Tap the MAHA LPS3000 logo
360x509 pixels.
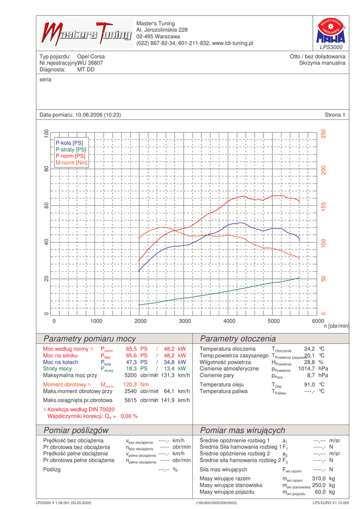[329, 34]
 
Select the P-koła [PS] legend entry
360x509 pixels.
[69, 143]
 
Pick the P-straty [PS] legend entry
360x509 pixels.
[71, 149]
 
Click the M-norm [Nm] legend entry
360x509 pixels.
[72, 163]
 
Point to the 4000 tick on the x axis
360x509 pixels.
[229, 321]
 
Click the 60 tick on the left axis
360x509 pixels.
[46, 205]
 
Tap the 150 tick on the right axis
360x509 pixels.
[323, 207]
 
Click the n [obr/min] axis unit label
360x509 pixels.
[337, 326]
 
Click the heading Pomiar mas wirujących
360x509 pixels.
[242, 430]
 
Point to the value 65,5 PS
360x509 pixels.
[137, 349]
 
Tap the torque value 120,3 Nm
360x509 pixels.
[136, 385]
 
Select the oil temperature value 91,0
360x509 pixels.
[309, 385]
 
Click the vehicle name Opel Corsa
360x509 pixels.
[91, 57]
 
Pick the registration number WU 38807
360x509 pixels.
[90, 63]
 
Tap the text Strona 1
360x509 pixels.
[335, 115]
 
